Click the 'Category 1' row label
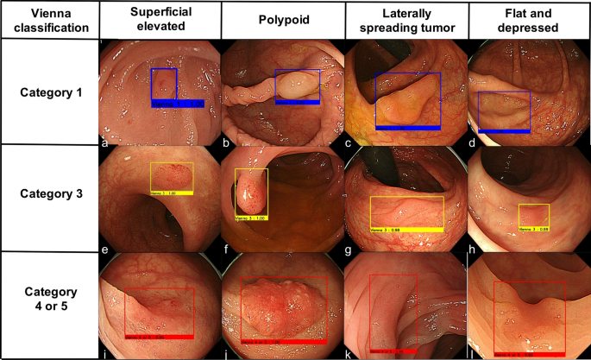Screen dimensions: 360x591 click(49, 92)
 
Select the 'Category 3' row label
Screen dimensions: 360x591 click(49, 194)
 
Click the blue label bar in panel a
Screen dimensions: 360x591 click(177, 104)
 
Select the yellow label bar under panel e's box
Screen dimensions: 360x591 click(172, 193)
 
